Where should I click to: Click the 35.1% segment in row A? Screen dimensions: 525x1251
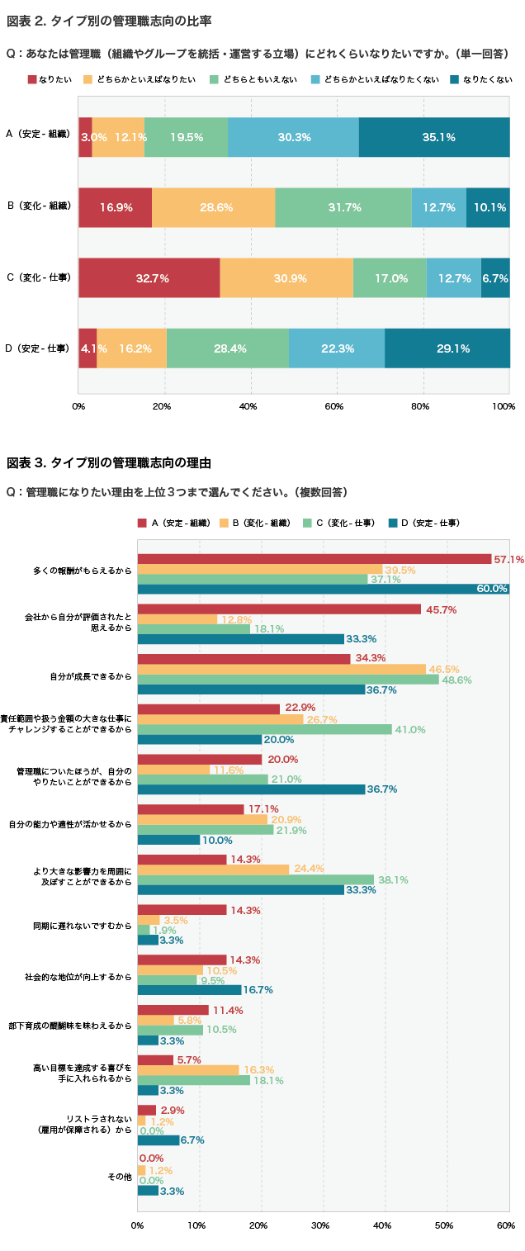[434, 137]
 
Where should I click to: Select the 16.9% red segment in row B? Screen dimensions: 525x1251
[115, 207]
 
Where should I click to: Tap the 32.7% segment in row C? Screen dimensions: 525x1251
[149, 277]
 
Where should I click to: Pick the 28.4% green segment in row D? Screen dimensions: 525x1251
[227, 348]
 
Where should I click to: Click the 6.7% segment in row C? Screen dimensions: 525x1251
[495, 277]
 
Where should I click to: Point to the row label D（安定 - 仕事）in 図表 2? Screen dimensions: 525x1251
[38, 348]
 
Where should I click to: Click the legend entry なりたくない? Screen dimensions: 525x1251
[481, 79]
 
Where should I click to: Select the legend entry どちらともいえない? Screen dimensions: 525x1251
[253, 79]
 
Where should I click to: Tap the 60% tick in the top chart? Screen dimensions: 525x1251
[334, 406]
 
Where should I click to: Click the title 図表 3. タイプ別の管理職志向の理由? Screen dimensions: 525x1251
[109, 462]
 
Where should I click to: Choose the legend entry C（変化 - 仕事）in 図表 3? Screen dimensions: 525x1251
[339, 523]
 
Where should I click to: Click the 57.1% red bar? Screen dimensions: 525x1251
[315, 559]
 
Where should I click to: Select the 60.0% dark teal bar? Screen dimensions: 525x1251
[324, 589]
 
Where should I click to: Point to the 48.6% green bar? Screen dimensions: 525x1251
[288, 680]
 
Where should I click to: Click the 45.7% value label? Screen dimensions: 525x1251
[442, 610]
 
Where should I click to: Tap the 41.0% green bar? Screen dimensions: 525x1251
[265, 729]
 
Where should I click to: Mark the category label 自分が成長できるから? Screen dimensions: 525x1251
[91, 676]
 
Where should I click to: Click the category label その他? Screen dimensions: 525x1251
[120, 1177]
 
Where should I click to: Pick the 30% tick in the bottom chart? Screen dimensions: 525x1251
[320, 1225]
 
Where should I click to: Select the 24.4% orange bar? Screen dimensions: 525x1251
[213, 870]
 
